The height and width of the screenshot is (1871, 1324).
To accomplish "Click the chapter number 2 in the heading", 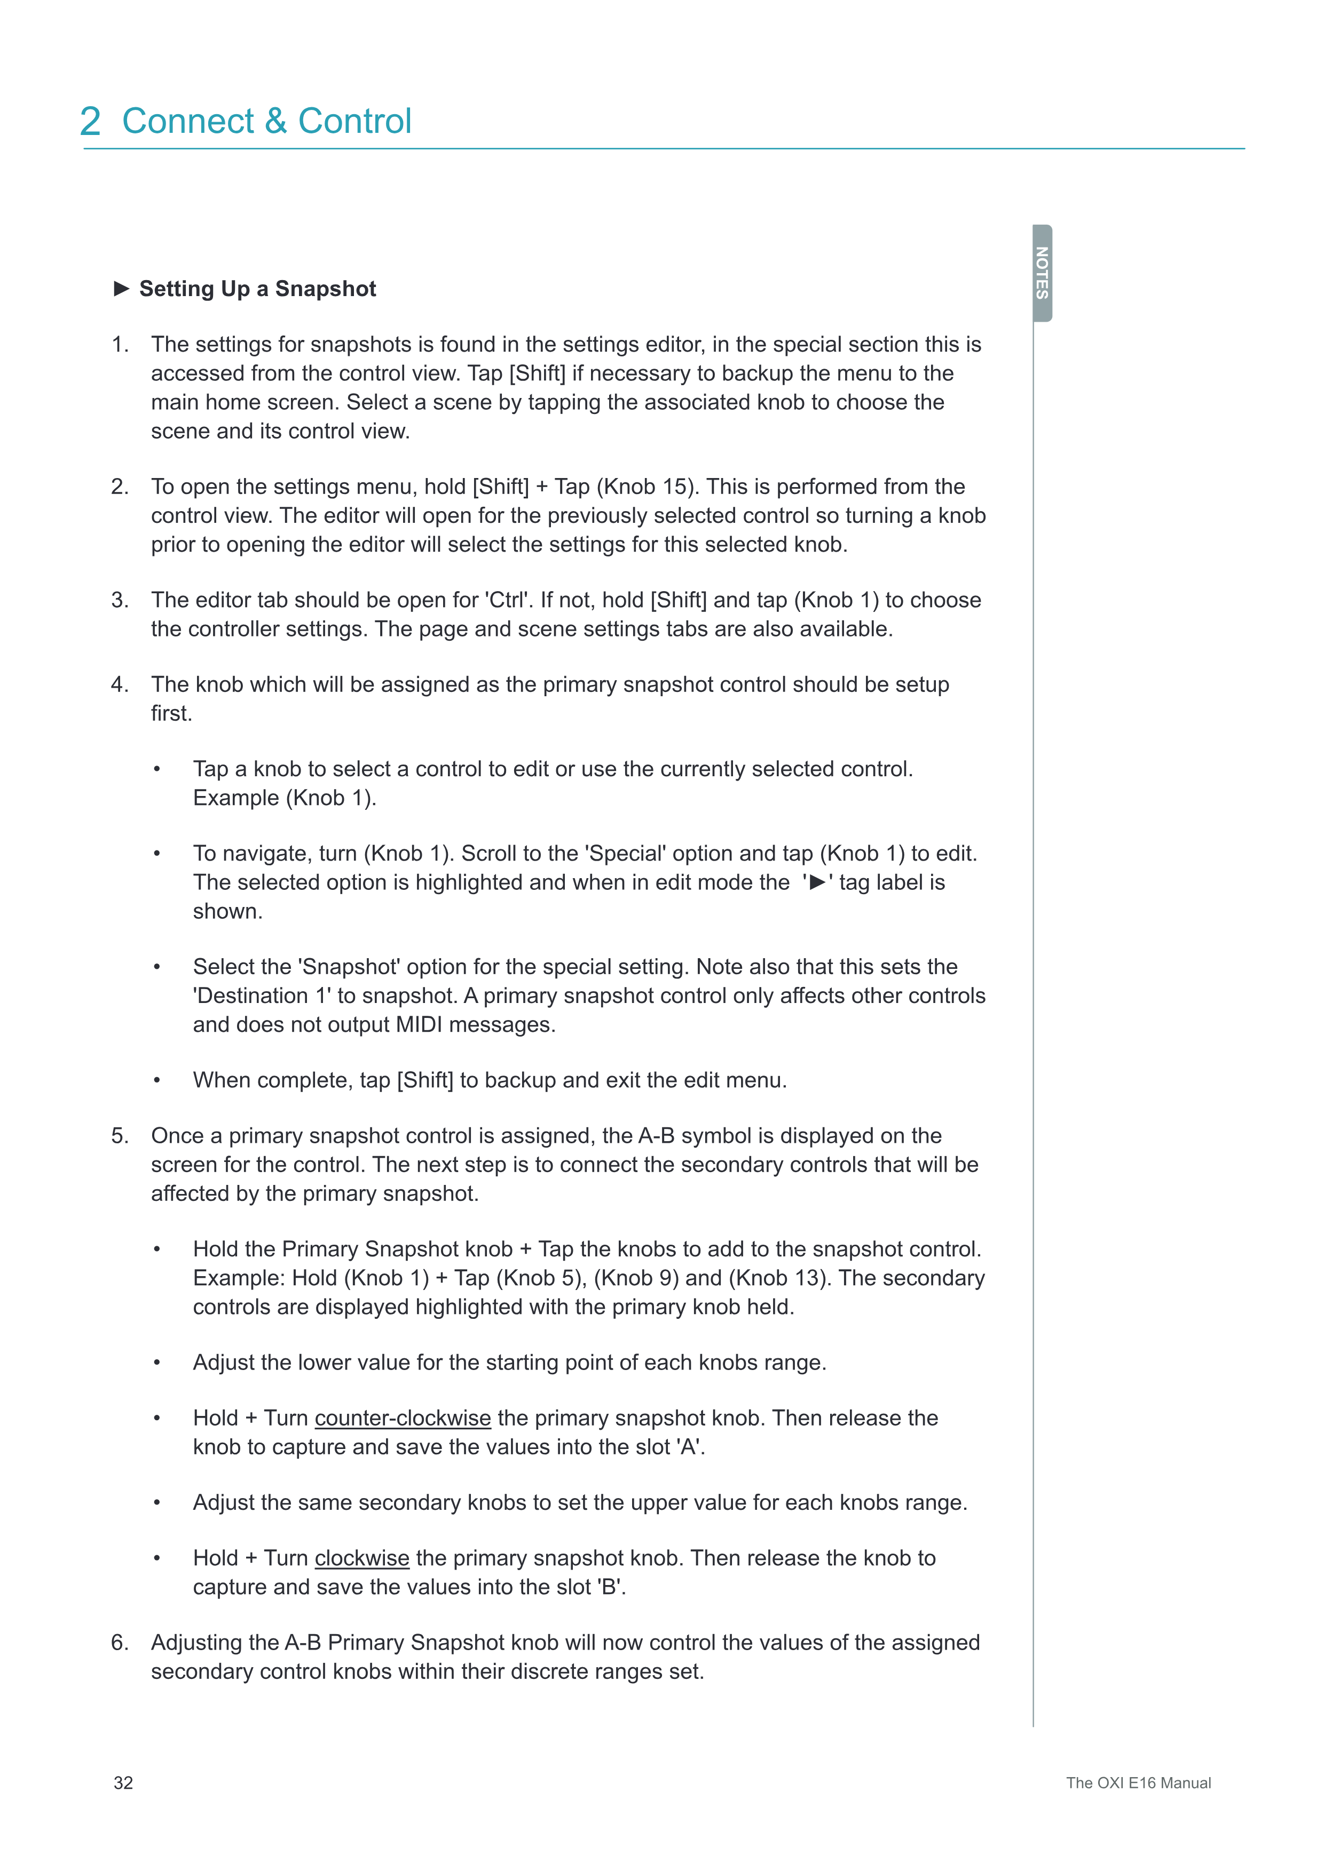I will pyautogui.click(x=91, y=122).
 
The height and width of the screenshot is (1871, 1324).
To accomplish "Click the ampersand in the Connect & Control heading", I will pyautogui.click(x=275, y=122).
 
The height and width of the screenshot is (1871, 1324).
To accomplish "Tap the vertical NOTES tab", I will pyautogui.click(x=1042, y=273).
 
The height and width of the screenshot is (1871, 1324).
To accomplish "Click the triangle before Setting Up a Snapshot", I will pyautogui.click(x=122, y=289).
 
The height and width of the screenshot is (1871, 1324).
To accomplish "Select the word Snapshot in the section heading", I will pyautogui.click(x=325, y=289).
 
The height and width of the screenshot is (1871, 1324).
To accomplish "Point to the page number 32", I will pyautogui.click(x=123, y=1783).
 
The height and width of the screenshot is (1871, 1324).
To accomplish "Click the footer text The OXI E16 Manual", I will pyautogui.click(x=1138, y=1783).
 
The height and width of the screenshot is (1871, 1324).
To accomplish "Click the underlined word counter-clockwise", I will pyautogui.click(x=403, y=1418).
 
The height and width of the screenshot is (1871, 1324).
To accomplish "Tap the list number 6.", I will pyautogui.click(x=119, y=1643).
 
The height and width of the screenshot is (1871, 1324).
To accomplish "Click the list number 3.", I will pyautogui.click(x=119, y=601).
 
